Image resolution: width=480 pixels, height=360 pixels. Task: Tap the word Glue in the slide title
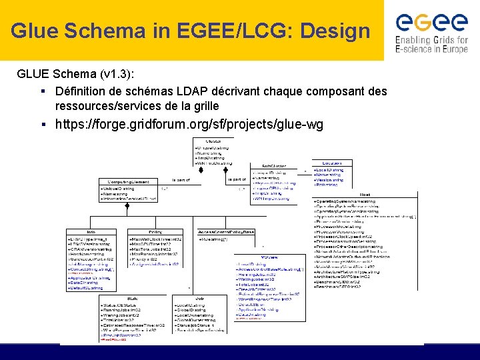pyautogui.click(x=32, y=31)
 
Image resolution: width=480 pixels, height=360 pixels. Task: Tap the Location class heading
pyautogui.click(x=333, y=163)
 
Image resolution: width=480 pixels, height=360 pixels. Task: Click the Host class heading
pyautogui.click(x=365, y=195)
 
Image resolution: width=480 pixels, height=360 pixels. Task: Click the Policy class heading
pyautogui.click(x=155, y=231)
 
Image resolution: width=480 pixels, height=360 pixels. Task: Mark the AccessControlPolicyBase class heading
pyautogui.click(x=226, y=231)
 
